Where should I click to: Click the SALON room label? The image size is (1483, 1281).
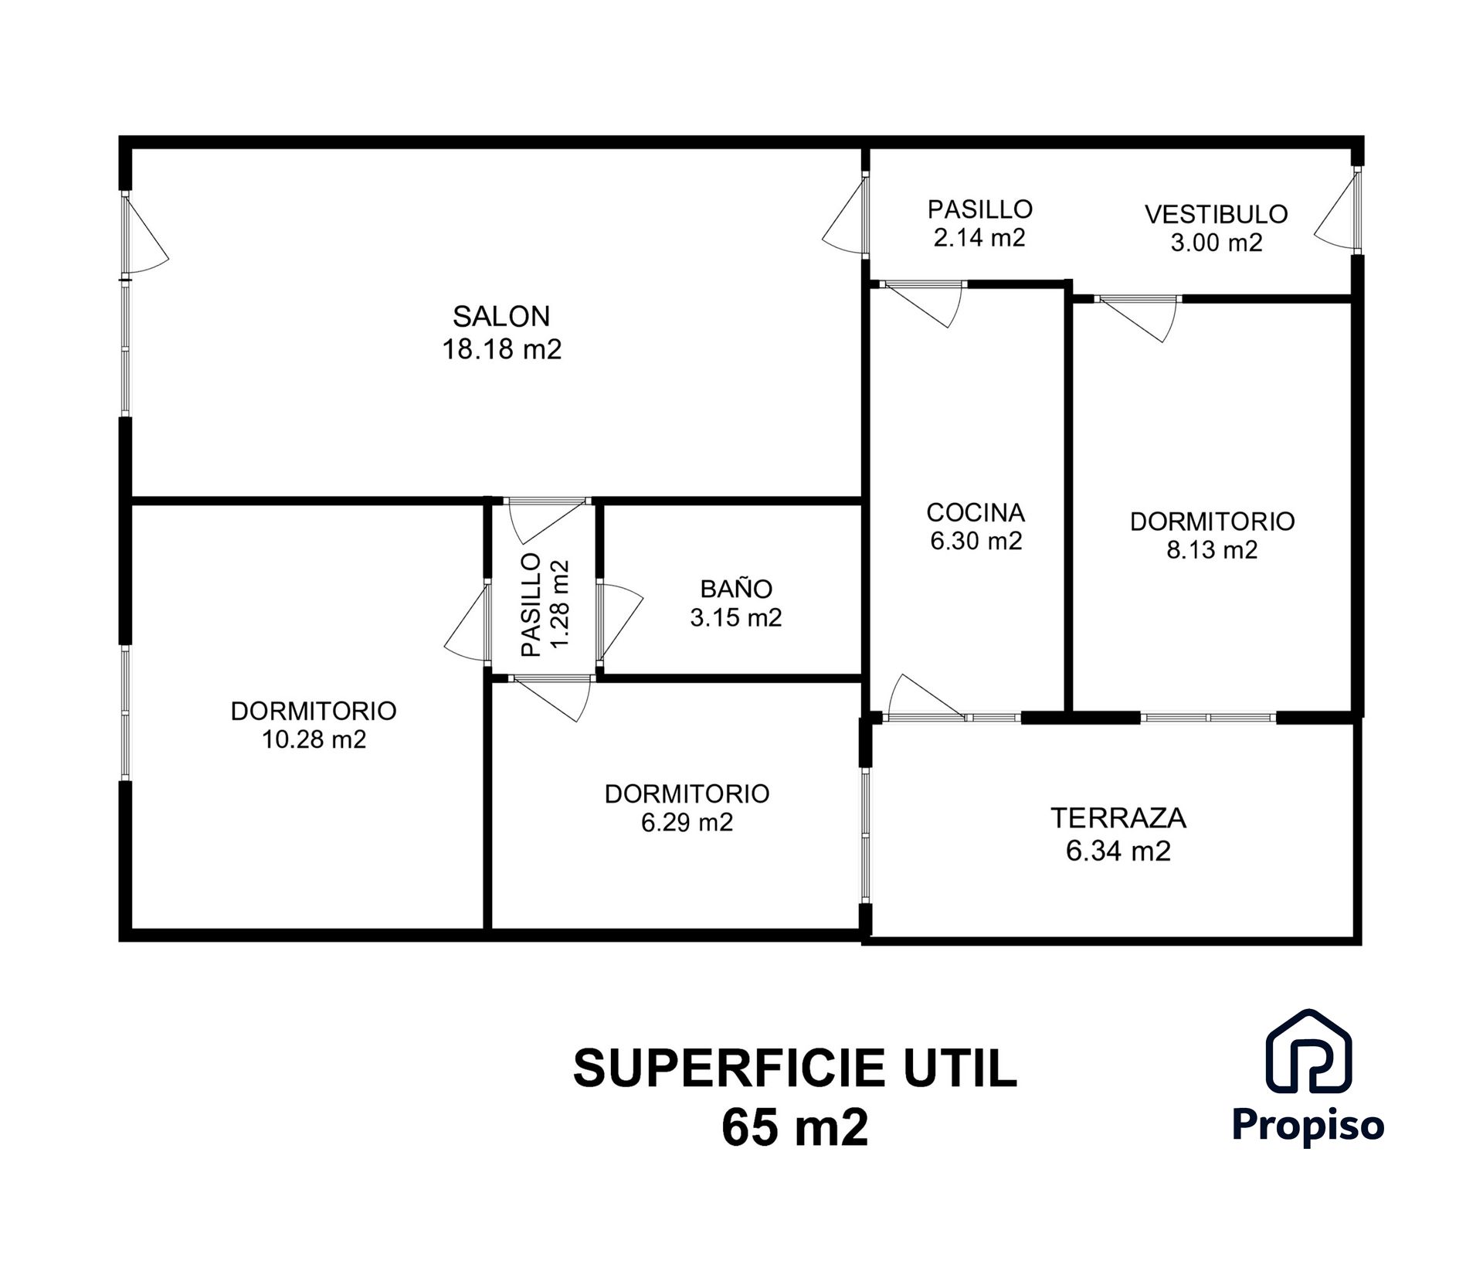click(x=501, y=316)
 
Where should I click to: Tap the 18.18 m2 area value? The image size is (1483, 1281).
click(x=501, y=349)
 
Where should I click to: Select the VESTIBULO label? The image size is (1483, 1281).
click(x=1216, y=214)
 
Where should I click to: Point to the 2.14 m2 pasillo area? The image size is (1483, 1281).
click(x=979, y=238)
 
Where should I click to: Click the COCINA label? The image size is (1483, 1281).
click(x=976, y=512)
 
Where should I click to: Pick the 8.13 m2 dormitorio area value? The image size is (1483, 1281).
click(x=1212, y=550)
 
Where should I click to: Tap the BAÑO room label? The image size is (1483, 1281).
click(x=735, y=589)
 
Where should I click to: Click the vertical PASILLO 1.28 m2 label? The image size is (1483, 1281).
click(x=545, y=604)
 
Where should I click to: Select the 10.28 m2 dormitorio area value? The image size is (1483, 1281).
click(x=314, y=739)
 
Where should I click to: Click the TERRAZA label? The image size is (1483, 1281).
click(x=1118, y=817)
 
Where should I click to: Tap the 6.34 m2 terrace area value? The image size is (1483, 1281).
click(x=1118, y=851)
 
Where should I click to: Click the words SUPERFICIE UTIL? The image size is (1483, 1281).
click(x=795, y=1069)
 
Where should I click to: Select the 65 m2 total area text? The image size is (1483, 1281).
click(x=795, y=1128)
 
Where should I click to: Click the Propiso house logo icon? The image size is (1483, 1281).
click(x=1308, y=1052)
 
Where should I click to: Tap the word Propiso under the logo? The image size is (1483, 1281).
click(x=1308, y=1124)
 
